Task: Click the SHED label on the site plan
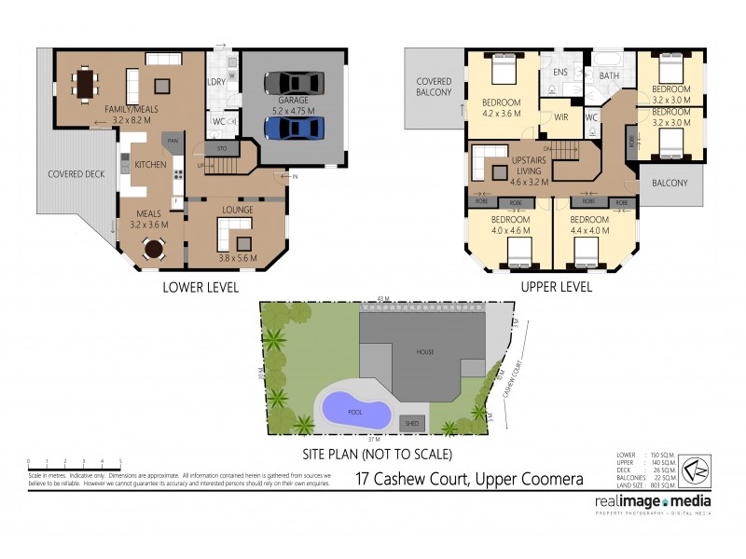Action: [x=411, y=423]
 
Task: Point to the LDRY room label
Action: [x=216, y=81]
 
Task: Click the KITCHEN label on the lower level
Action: [x=150, y=165]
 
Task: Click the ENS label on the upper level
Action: [x=560, y=73]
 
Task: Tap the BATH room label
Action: [x=609, y=75]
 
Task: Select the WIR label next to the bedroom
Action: [x=561, y=117]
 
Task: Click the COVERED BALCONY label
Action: [x=434, y=87]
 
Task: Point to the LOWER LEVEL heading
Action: [x=200, y=287]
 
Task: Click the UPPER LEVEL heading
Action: [x=557, y=287]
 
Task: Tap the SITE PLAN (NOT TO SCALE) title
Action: [x=377, y=455]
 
